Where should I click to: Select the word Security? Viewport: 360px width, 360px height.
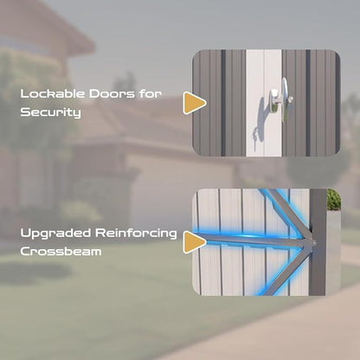coord(50,112)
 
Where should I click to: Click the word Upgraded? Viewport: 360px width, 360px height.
coord(55,234)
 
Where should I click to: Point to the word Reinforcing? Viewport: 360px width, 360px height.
coord(136,234)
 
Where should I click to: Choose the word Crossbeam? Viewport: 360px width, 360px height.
coord(61,252)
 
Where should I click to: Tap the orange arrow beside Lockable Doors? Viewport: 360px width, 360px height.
coord(194,103)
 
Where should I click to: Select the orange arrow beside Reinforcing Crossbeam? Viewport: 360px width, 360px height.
coord(194,242)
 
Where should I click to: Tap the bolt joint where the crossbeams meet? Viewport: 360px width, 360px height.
coord(312,243)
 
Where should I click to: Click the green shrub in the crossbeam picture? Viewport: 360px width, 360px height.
coord(334,200)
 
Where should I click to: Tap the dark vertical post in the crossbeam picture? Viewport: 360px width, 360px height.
coord(318,242)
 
